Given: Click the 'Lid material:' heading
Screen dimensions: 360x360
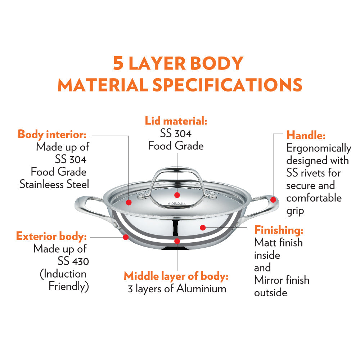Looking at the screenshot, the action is click(x=176, y=121).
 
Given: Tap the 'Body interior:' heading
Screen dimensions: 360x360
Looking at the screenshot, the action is click(x=52, y=134).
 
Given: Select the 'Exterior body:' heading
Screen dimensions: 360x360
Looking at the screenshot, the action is click(x=51, y=236).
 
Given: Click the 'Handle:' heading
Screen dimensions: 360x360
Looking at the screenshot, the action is click(x=306, y=135).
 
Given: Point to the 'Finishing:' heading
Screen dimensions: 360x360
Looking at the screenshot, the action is click(x=279, y=230).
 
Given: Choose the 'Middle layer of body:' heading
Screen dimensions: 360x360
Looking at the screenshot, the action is click(x=176, y=276).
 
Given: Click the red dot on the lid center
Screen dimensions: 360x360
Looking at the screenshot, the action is click(x=177, y=195).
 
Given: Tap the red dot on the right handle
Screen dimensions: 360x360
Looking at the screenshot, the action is click(x=273, y=200).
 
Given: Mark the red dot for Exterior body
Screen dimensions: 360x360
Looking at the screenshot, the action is click(x=126, y=237).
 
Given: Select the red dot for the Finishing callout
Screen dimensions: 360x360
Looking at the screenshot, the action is click(x=203, y=228).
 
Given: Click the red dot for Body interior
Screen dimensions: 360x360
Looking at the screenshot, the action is click(x=129, y=202).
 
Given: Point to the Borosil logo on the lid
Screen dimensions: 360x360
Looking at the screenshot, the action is click(x=177, y=203).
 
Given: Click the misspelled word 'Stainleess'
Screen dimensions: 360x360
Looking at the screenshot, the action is click(x=41, y=184).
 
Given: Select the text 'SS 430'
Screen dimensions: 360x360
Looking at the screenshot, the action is click(x=73, y=261).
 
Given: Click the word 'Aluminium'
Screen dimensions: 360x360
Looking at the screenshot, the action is click(x=201, y=289).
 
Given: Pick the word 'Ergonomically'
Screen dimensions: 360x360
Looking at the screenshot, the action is click(x=319, y=148).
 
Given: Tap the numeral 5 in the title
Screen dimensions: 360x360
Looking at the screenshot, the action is click(x=118, y=63).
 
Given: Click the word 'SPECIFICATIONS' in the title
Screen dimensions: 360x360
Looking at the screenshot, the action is click(x=227, y=85).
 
